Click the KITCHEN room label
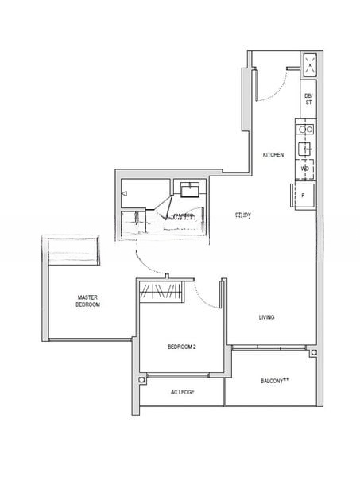(x=273, y=155)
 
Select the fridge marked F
(x=305, y=195)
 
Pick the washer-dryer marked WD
(x=305, y=169)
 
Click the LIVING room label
(x=266, y=318)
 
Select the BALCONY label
(x=274, y=382)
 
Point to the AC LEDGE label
(x=183, y=393)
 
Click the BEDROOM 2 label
(x=182, y=347)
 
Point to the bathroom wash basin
(x=190, y=190)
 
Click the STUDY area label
(x=242, y=215)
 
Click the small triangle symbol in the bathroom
(x=125, y=192)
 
